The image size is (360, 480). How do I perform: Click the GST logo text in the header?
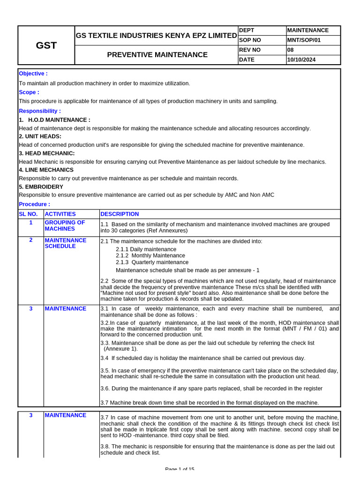coord(46,45)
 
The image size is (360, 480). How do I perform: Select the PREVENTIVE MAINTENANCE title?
coord(157,55)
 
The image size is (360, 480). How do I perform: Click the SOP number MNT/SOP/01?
coord(304,40)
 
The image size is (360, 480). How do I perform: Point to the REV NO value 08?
coord(291,50)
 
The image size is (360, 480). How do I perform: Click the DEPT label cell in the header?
coord(247,30)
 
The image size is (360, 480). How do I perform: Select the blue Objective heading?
coord(33,74)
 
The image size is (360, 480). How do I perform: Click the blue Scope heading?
coord(29,92)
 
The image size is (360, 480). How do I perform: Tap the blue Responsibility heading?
coord(40,111)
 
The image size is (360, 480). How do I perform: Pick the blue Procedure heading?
coord(34,204)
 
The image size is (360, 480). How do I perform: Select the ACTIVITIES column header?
coord(60,214)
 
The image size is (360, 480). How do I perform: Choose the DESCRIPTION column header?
coord(120,214)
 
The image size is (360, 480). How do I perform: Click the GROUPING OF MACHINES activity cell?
coord(65,225)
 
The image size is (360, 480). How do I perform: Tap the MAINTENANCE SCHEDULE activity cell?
coord(66,243)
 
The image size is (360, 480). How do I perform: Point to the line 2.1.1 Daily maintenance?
coord(146,249)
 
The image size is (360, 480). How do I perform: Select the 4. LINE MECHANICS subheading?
coord(46,170)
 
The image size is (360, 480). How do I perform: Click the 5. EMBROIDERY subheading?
coord(41,187)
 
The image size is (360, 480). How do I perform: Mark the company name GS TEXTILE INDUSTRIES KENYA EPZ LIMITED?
coord(156,36)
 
